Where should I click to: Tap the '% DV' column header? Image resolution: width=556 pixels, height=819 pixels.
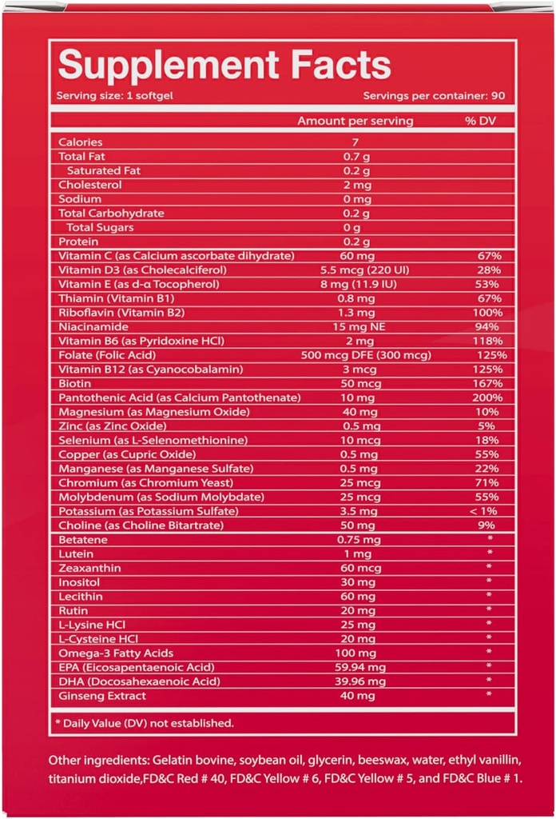click(482, 121)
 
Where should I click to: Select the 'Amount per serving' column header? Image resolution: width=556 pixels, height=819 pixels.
click(355, 121)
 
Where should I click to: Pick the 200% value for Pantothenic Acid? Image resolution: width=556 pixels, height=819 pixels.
click(488, 398)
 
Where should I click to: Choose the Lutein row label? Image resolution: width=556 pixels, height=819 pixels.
click(77, 553)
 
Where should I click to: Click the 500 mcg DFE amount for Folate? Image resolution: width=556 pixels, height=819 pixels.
click(356, 354)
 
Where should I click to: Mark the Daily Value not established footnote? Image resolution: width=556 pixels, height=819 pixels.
click(145, 723)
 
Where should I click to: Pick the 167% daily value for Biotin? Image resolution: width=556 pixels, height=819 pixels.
click(488, 383)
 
